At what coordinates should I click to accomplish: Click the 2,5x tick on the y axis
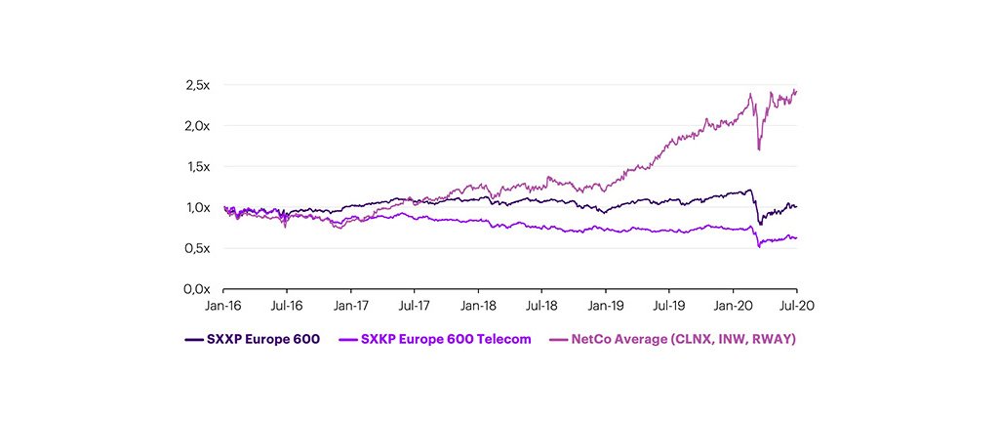(x=197, y=85)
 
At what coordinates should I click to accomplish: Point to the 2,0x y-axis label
(x=197, y=126)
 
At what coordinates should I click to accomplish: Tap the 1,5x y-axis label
(x=197, y=167)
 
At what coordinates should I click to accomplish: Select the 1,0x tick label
(x=197, y=207)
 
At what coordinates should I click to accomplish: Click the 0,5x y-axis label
(x=197, y=248)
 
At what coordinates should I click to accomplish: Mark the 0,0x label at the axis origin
(x=197, y=289)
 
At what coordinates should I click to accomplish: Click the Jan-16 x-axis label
(x=223, y=306)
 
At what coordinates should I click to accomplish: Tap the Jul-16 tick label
(x=287, y=306)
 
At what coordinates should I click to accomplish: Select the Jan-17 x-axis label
(x=351, y=306)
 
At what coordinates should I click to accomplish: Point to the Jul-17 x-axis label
(x=415, y=306)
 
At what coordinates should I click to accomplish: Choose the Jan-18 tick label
(x=478, y=306)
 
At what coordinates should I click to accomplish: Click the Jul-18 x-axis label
(x=541, y=306)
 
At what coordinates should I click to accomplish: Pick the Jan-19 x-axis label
(x=606, y=306)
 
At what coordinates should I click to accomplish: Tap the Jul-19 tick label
(x=669, y=306)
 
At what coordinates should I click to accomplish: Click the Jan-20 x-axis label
(x=734, y=306)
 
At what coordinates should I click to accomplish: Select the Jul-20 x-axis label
(x=797, y=306)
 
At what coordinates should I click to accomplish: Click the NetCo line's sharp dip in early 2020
(x=758, y=148)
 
